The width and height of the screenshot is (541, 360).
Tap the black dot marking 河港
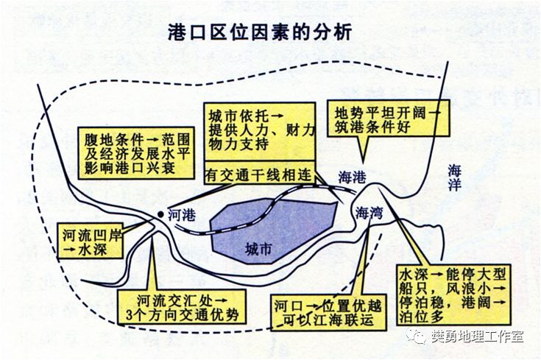pos(160,214)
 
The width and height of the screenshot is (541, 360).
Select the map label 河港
pos(182,214)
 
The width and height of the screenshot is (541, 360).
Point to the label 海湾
pos(369,213)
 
